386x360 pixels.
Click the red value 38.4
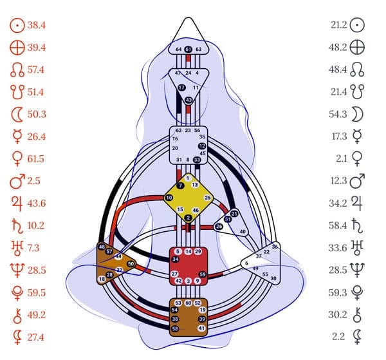[37, 26]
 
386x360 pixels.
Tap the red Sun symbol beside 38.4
[17, 26]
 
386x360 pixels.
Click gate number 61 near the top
[188, 49]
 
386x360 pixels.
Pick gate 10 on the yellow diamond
[169, 198]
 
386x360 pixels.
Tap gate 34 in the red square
[176, 259]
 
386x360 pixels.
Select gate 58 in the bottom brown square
[175, 328]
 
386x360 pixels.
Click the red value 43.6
[37, 185]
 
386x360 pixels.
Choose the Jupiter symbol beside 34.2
[358, 185]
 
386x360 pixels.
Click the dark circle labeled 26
[219, 226]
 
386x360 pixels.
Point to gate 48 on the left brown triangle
[102, 247]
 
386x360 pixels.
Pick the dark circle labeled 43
[188, 100]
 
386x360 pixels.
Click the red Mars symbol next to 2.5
[17, 162]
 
